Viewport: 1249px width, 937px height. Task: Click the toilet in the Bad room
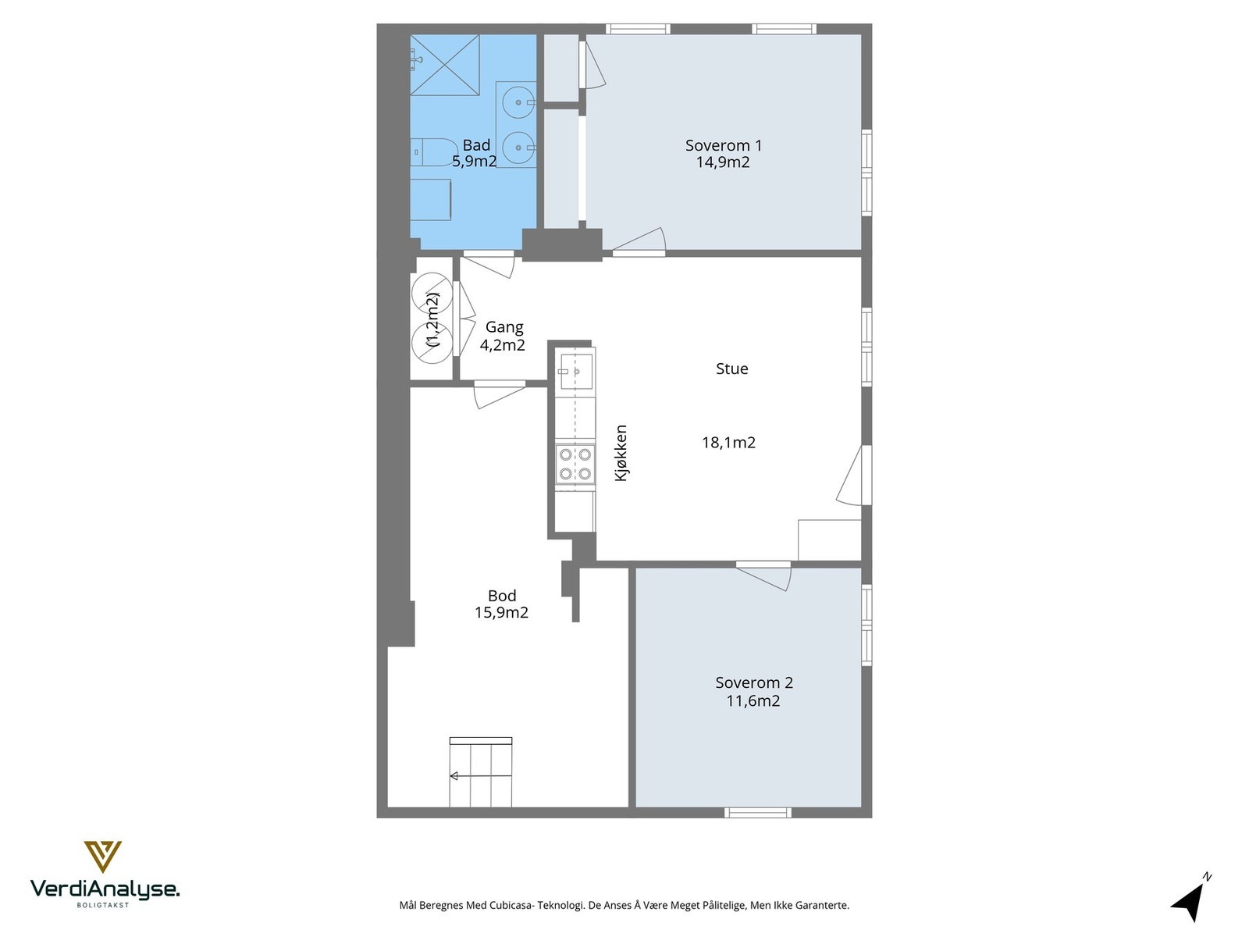433,152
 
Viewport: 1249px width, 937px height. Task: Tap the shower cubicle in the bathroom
445,65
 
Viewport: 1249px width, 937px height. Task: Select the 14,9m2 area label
723,162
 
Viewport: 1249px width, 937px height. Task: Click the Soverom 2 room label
754,682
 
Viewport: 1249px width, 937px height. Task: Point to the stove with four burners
575,465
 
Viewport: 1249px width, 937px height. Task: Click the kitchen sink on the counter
576,372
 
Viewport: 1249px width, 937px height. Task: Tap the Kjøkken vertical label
621,453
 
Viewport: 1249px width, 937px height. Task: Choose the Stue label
731,369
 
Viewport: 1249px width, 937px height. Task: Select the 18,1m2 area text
729,443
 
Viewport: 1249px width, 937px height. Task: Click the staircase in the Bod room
481,772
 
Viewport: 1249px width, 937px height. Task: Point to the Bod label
502,596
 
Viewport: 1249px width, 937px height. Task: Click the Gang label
504,328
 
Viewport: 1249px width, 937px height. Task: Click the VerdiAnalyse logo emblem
103,857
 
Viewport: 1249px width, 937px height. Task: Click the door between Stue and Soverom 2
763,575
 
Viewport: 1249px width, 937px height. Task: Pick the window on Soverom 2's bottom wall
758,812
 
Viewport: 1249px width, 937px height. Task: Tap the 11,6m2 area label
753,701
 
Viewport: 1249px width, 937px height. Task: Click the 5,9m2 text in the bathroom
474,162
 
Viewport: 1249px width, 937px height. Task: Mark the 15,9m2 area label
501,613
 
